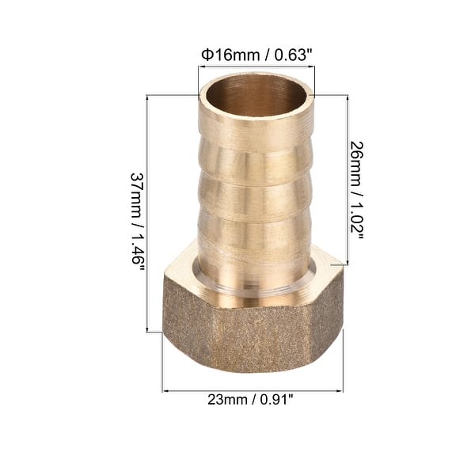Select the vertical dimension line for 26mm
click(346, 182)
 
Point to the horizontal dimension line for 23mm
click(253, 390)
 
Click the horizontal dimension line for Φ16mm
click(256, 68)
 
